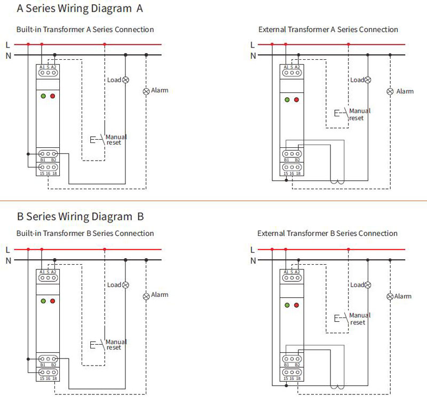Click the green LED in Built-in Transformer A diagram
(x=43, y=96)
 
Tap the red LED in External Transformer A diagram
(x=297, y=100)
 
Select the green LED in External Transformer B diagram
(x=287, y=305)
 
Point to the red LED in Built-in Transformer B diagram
(x=53, y=301)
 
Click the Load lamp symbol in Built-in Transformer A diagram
(x=125, y=80)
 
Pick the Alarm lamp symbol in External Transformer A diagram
(x=390, y=91)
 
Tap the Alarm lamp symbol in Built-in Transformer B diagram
(x=146, y=296)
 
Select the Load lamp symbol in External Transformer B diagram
(x=368, y=285)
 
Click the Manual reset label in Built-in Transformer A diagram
(x=116, y=140)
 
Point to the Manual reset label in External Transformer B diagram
(x=360, y=319)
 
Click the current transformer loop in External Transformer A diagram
(x=337, y=182)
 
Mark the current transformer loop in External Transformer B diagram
(x=337, y=387)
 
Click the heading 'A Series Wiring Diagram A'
(x=80, y=9)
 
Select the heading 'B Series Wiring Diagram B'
(x=81, y=217)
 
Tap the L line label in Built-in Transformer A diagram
(x=7, y=45)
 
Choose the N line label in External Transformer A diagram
(x=253, y=56)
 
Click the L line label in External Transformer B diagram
(x=252, y=250)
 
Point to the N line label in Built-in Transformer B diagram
(x=9, y=261)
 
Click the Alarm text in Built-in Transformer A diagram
(x=160, y=90)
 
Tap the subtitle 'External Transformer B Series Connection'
(x=327, y=233)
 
